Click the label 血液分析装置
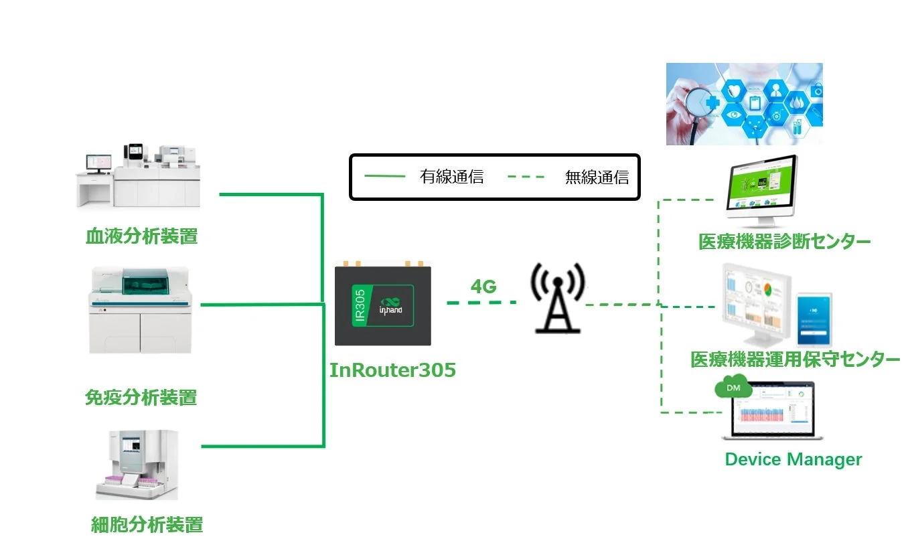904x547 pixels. click(x=142, y=236)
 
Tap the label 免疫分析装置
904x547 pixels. click(x=141, y=398)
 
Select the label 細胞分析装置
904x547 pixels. click(x=147, y=524)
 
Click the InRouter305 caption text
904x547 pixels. click(x=392, y=370)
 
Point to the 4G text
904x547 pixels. click(x=483, y=287)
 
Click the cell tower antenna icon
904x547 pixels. click(x=557, y=297)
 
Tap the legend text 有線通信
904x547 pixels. click(x=451, y=177)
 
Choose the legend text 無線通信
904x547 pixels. click(x=597, y=177)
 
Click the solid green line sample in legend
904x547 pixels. click(x=384, y=177)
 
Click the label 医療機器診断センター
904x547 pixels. click(x=784, y=242)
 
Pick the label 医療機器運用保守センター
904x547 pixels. click(x=795, y=360)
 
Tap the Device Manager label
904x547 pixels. click(x=794, y=459)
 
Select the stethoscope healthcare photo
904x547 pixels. click(x=744, y=104)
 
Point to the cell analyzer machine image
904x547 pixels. click(x=137, y=465)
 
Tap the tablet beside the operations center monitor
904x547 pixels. click(x=814, y=318)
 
